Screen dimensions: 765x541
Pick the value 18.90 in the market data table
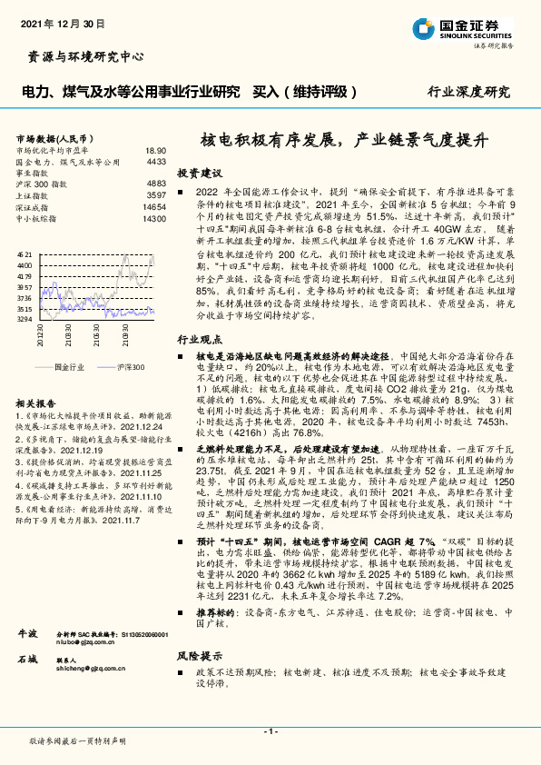155,151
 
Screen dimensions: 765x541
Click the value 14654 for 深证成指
154,207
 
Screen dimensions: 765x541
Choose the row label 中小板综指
37,219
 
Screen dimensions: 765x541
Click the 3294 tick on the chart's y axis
25,319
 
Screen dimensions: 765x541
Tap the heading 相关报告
37,402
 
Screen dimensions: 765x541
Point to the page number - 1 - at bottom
270,731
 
